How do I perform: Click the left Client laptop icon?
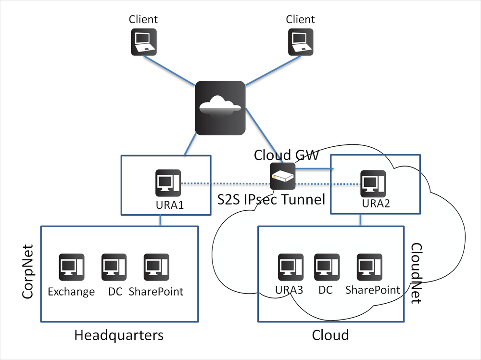point(143,41)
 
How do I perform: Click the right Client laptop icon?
point(301,41)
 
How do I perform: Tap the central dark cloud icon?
point(220,108)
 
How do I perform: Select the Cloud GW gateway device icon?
point(282,176)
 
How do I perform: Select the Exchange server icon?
point(71,268)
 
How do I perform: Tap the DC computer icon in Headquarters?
point(114,268)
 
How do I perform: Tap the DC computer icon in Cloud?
point(327,268)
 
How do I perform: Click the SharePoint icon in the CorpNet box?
point(156,268)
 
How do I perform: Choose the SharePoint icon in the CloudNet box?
point(369,268)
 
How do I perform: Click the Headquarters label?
point(119,335)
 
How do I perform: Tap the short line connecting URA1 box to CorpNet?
point(161,220)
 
